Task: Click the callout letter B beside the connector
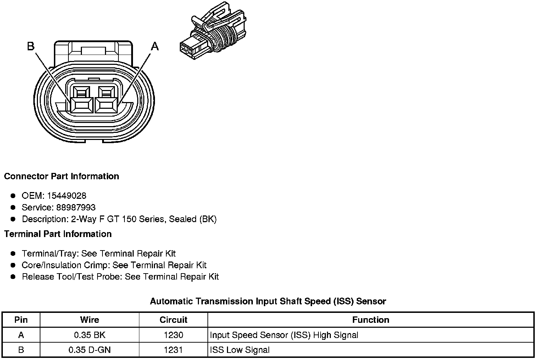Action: pyautogui.click(x=31, y=46)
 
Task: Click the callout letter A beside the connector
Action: pyautogui.click(x=155, y=46)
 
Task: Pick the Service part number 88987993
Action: pyautogui.click(x=76, y=207)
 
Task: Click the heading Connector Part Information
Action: pyautogui.click(x=61, y=176)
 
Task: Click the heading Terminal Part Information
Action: pyautogui.click(x=58, y=234)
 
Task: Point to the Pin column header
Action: pyautogui.click(x=21, y=320)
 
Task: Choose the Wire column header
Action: pyautogui.click(x=89, y=320)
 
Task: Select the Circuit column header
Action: pyautogui.click(x=173, y=320)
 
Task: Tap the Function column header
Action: pyautogui.click(x=371, y=320)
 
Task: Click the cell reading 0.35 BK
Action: pyautogui.click(x=89, y=335)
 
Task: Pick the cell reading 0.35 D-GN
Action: pyautogui.click(x=89, y=350)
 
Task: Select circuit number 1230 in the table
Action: pyautogui.click(x=173, y=335)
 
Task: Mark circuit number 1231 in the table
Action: pyautogui.click(x=173, y=350)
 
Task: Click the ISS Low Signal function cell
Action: pyautogui.click(x=240, y=350)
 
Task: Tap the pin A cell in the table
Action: pyautogui.click(x=21, y=335)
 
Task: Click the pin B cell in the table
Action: pyautogui.click(x=21, y=350)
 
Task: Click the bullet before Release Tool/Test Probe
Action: pyautogui.click(x=13, y=277)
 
